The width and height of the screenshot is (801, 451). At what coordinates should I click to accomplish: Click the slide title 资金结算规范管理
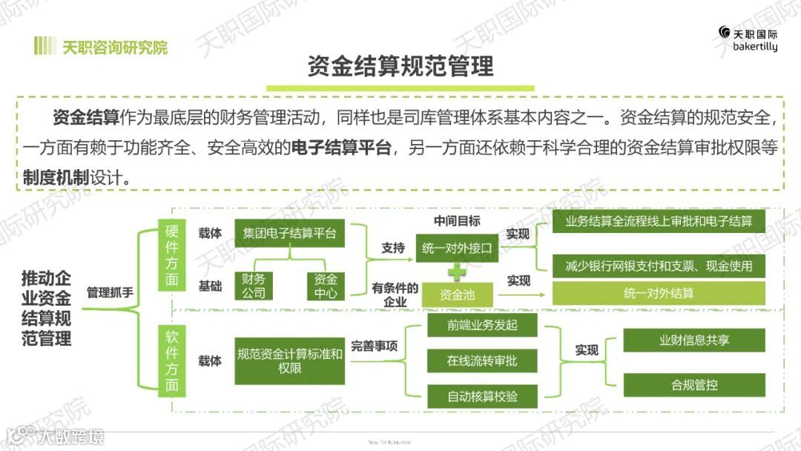click(x=400, y=66)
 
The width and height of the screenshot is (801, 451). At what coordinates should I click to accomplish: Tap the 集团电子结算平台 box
click(x=289, y=234)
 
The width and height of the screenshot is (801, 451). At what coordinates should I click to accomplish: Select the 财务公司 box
click(x=254, y=286)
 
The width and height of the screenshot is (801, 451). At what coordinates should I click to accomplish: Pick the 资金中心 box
click(x=326, y=286)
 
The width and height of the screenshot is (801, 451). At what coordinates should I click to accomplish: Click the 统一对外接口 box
click(x=457, y=248)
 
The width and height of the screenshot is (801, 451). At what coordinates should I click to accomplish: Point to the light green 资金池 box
click(x=457, y=295)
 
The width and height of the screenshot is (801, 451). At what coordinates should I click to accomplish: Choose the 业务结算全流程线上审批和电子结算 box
click(x=659, y=222)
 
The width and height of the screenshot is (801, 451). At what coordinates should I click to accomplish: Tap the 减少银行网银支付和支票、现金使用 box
click(x=659, y=265)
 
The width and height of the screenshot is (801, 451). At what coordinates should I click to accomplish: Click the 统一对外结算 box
click(x=659, y=293)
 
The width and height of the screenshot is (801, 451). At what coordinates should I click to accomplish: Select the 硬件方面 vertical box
click(x=172, y=256)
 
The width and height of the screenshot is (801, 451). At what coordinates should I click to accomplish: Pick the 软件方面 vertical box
click(x=172, y=361)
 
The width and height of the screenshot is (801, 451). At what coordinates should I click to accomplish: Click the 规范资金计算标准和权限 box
click(x=289, y=361)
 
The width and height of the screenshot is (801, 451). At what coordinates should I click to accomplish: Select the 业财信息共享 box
click(x=694, y=340)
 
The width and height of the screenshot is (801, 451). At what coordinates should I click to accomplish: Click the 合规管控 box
click(x=694, y=385)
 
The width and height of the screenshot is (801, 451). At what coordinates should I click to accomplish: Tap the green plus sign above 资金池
click(x=458, y=271)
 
